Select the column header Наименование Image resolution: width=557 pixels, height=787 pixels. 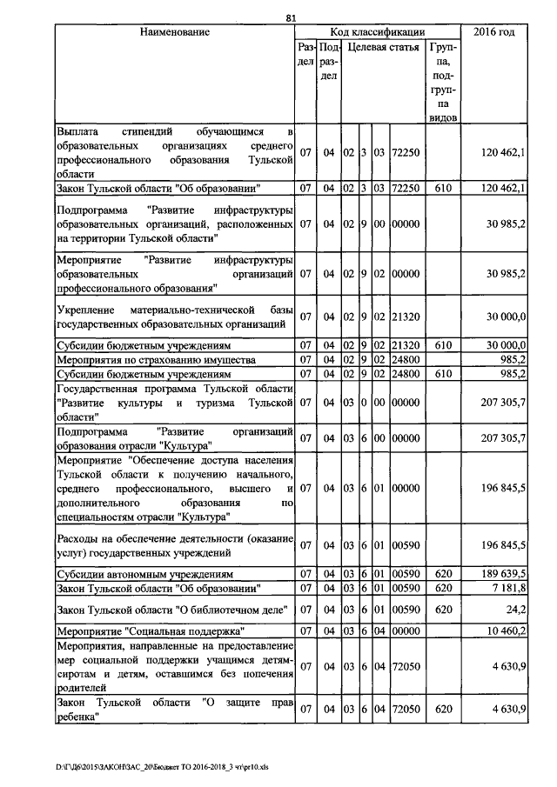(x=174, y=32)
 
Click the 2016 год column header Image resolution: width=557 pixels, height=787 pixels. (x=493, y=32)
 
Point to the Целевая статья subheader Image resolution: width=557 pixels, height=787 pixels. (x=383, y=47)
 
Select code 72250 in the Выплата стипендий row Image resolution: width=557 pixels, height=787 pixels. (x=406, y=153)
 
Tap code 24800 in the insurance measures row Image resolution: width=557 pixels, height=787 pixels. (x=406, y=359)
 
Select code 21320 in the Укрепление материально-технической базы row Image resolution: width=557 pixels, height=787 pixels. (x=406, y=317)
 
